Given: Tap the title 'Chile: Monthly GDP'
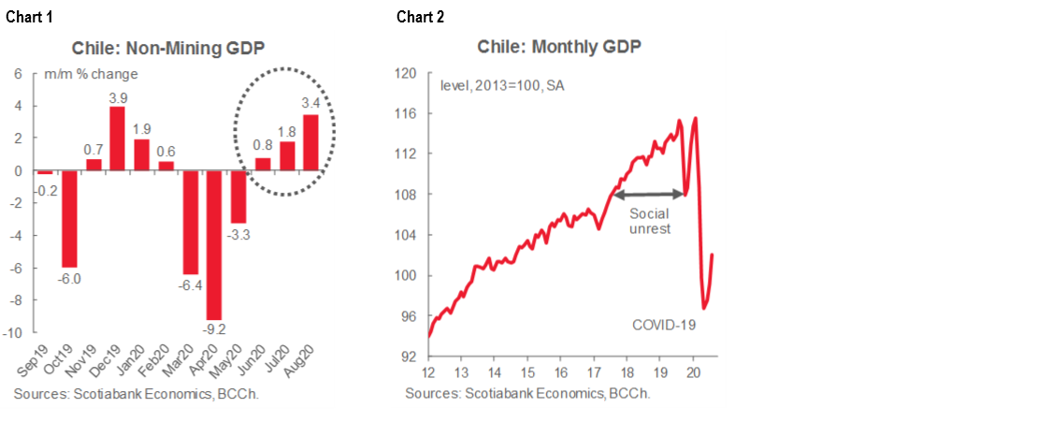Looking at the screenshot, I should click(559, 48).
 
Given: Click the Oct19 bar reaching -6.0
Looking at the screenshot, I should click(69, 219).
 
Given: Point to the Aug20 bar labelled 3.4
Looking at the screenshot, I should click(311, 142).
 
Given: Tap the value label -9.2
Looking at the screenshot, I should click(215, 329).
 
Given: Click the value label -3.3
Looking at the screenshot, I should click(238, 234).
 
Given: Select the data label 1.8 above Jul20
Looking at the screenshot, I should click(287, 131).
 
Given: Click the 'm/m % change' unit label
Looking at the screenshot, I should click(91, 74).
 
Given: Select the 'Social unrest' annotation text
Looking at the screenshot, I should click(650, 221).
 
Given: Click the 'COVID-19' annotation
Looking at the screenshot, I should click(665, 325).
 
